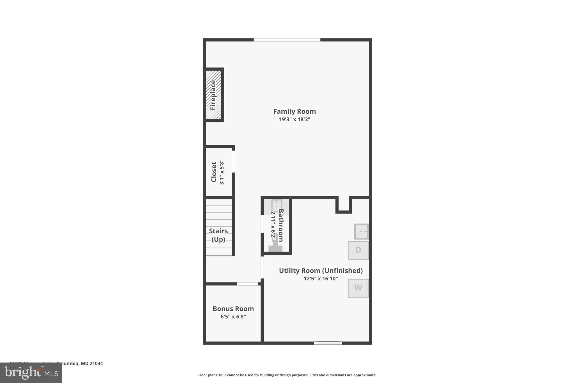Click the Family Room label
[x=294, y=111]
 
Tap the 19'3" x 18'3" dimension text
[x=294, y=120]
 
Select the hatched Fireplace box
[x=213, y=95]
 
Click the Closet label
[x=214, y=172]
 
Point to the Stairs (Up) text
[x=218, y=235]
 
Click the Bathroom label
[x=280, y=225]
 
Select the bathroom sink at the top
[x=277, y=205]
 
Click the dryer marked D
[x=358, y=250]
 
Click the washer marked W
[x=358, y=288]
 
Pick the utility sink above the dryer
[x=361, y=231]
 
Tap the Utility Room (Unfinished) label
[x=321, y=271]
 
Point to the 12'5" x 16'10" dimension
[x=321, y=279]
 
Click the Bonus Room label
[x=233, y=309]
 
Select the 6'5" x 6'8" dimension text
[x=233, y=317]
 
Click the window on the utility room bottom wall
[x=328, y=343]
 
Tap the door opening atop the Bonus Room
[x=247, y=284]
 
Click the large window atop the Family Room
[x=287, y=40]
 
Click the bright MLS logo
[x=31, y=373]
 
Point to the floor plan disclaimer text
[x=287, y=375]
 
